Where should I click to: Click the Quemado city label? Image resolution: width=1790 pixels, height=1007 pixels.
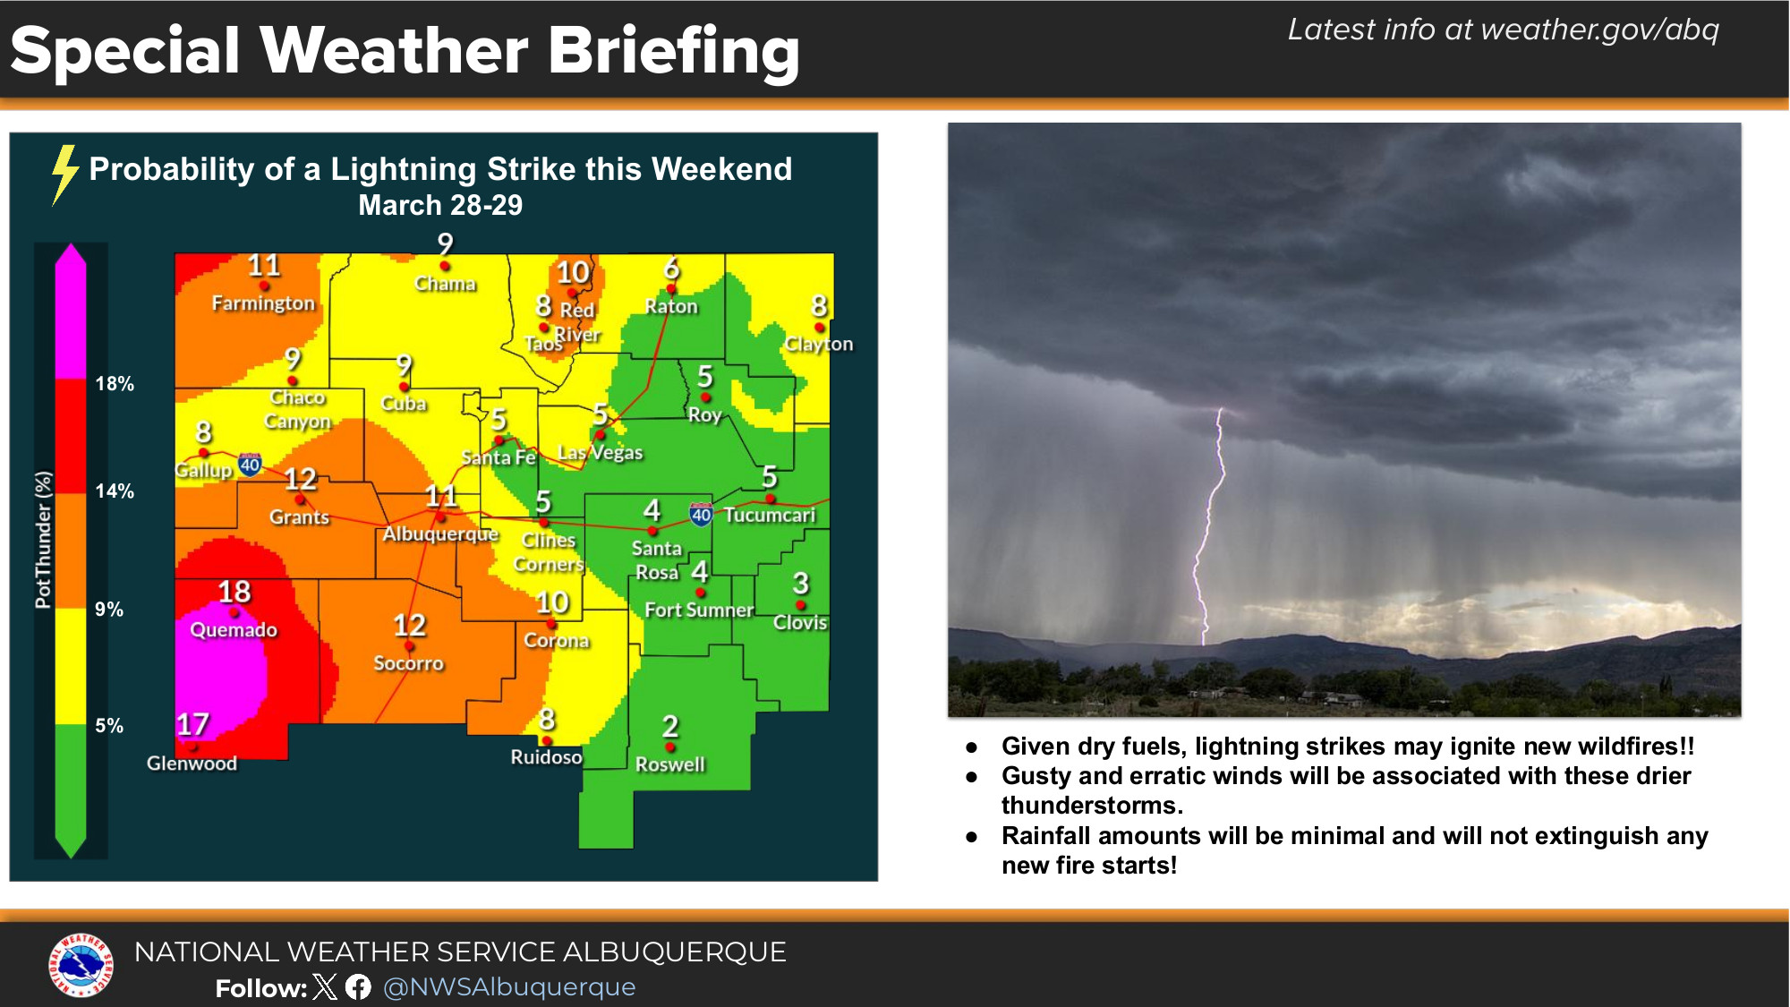[x=234, y=630]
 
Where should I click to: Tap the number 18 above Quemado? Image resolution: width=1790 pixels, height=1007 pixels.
[x=234, y=592]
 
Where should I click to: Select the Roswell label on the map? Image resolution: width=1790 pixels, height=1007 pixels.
[x=670, y=764]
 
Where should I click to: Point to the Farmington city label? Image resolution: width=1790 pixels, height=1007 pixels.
[x=263, y=303]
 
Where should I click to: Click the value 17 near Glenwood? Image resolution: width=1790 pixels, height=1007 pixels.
[x=192, y=723]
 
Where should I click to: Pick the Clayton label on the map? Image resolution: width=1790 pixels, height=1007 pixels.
[x=819, y=345]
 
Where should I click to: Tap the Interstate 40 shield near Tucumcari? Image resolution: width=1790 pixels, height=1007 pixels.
[x=701, y=514]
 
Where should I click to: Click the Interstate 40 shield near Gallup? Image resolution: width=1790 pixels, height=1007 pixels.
[x=251, y=464]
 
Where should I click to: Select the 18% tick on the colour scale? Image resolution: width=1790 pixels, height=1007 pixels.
[x=115, y=384]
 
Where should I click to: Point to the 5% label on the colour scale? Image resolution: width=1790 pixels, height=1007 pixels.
[x=109, y=726]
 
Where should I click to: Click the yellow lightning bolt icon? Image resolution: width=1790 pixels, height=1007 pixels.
[x=64, y=175]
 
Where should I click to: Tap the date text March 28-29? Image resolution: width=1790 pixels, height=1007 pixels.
[x=440, y=205]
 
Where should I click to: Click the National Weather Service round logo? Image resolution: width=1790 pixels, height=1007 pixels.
[x=81, y=965]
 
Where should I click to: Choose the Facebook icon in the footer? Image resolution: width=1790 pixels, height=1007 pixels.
[x=358, y=987]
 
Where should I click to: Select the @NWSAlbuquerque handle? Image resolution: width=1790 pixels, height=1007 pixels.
[x=509, y=987]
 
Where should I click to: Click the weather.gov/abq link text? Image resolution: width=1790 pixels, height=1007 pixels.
[x=1599, y=30]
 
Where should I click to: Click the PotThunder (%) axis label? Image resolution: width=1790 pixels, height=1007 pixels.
[x=43, y=540]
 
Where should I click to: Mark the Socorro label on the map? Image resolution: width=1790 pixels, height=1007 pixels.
[x=408, y=663]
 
